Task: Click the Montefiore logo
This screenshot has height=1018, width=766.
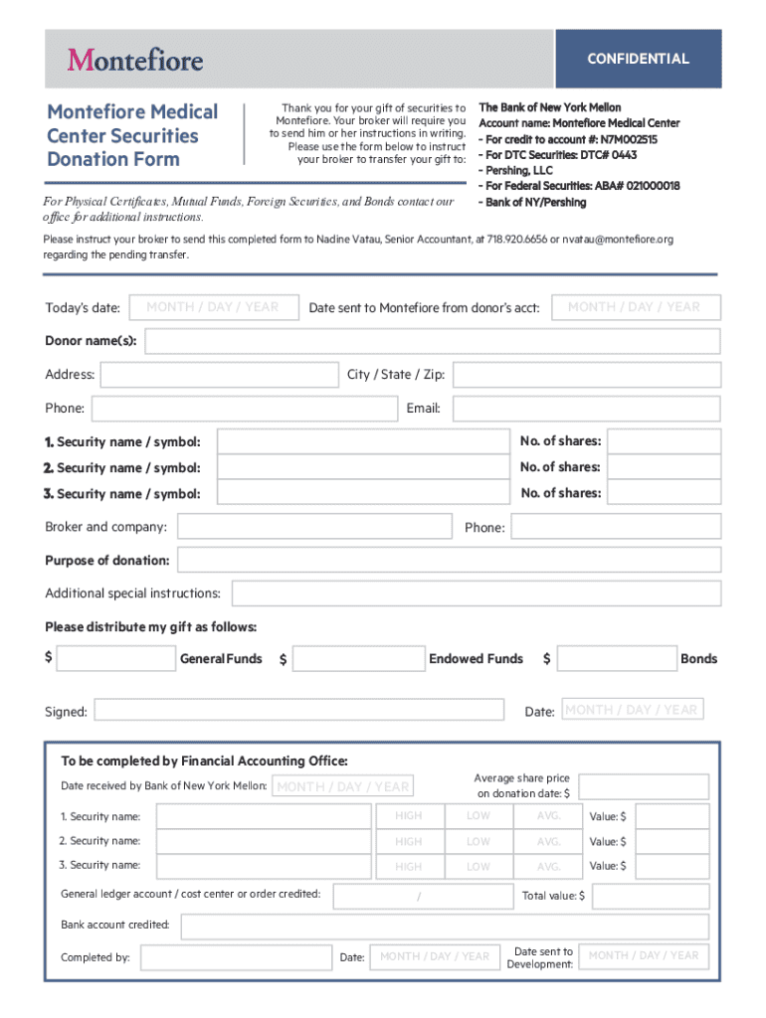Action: [135, 60]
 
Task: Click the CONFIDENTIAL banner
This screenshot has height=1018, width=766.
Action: [638, 59]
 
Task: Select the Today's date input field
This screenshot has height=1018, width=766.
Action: [213, 307]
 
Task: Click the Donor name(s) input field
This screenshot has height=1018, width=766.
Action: [432, 342]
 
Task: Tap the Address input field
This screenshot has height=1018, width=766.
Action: [219, 375]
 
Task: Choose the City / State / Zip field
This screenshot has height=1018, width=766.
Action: [586, 375]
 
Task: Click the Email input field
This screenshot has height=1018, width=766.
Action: [586, 408]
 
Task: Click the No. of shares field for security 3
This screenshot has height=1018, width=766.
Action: [663, 493]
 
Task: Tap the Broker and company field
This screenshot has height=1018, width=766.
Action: [314, 527]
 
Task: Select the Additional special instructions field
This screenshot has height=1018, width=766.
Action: [477, 594]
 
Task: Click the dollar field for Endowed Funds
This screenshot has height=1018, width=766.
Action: [358, 659]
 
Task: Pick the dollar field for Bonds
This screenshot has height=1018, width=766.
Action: [616, 659]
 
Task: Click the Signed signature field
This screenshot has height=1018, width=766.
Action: [298, 710]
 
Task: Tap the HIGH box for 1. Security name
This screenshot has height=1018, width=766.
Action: [408, 816]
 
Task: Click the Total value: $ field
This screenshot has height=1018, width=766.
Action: [651, 896]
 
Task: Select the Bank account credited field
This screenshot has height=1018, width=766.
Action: [445, 927]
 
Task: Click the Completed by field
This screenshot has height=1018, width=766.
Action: [235, 957]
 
